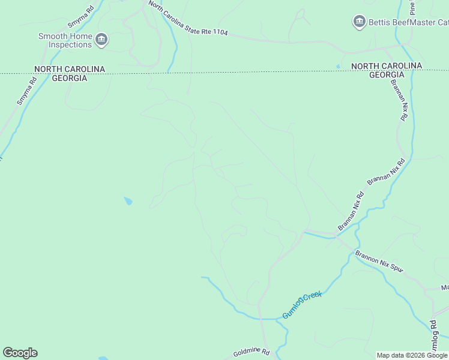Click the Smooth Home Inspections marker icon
point(101,40)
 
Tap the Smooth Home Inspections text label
point(65,40)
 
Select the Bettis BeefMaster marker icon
point(360,22)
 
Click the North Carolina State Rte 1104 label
point(188,19)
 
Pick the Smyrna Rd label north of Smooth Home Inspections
point(82,16)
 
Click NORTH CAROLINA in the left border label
point(70,70)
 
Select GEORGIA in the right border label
point(386,75)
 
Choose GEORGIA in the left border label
point(70,79)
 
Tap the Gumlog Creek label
point(303,304)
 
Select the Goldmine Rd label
point(252,353)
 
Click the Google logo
point(20,353)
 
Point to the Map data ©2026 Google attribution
point(412,355)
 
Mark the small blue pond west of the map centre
point(128,201)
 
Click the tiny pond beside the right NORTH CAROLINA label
point(339,66)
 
